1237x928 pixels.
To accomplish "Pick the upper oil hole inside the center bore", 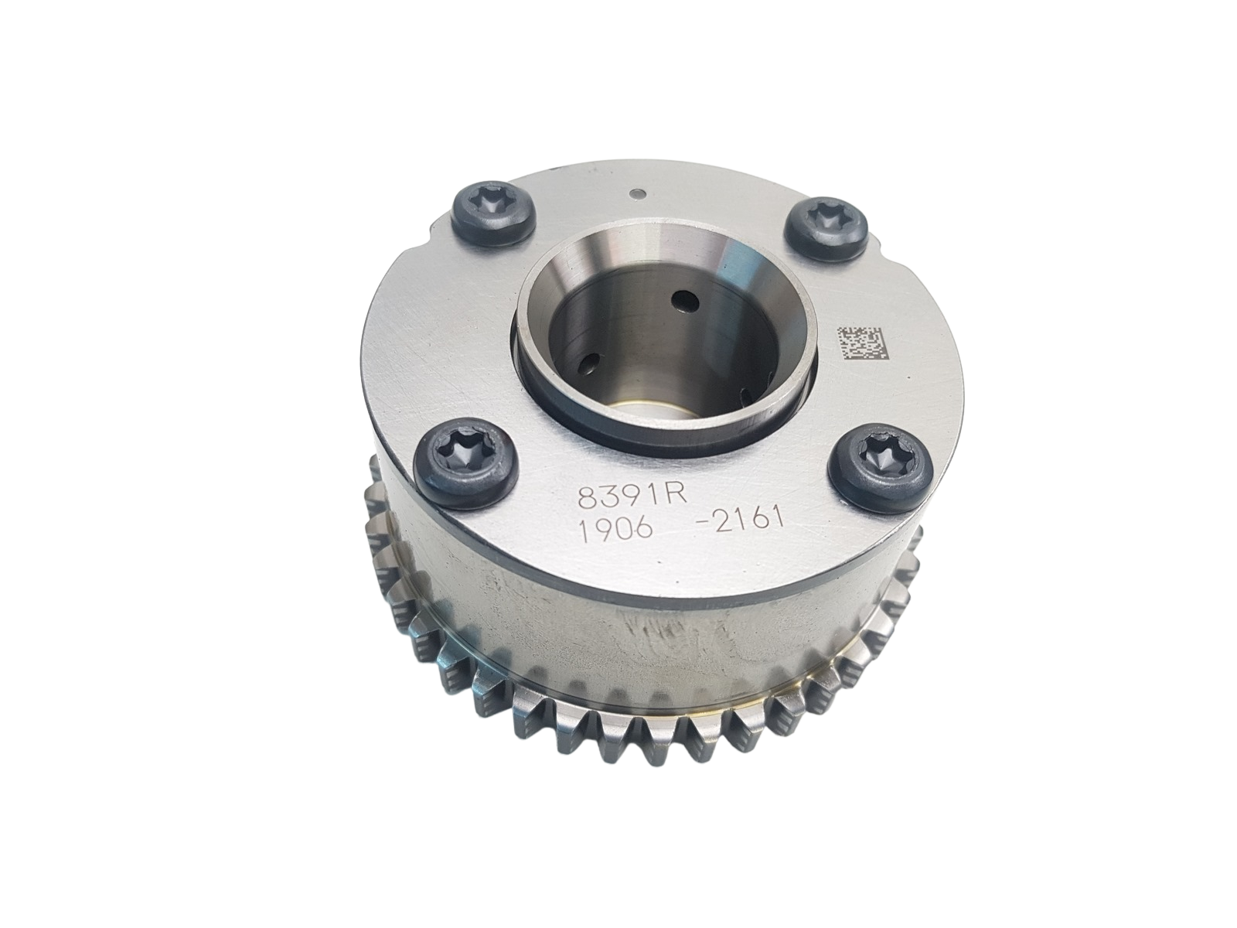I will (x=683, y=298).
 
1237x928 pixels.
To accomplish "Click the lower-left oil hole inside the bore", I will (x=593, y=360).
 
